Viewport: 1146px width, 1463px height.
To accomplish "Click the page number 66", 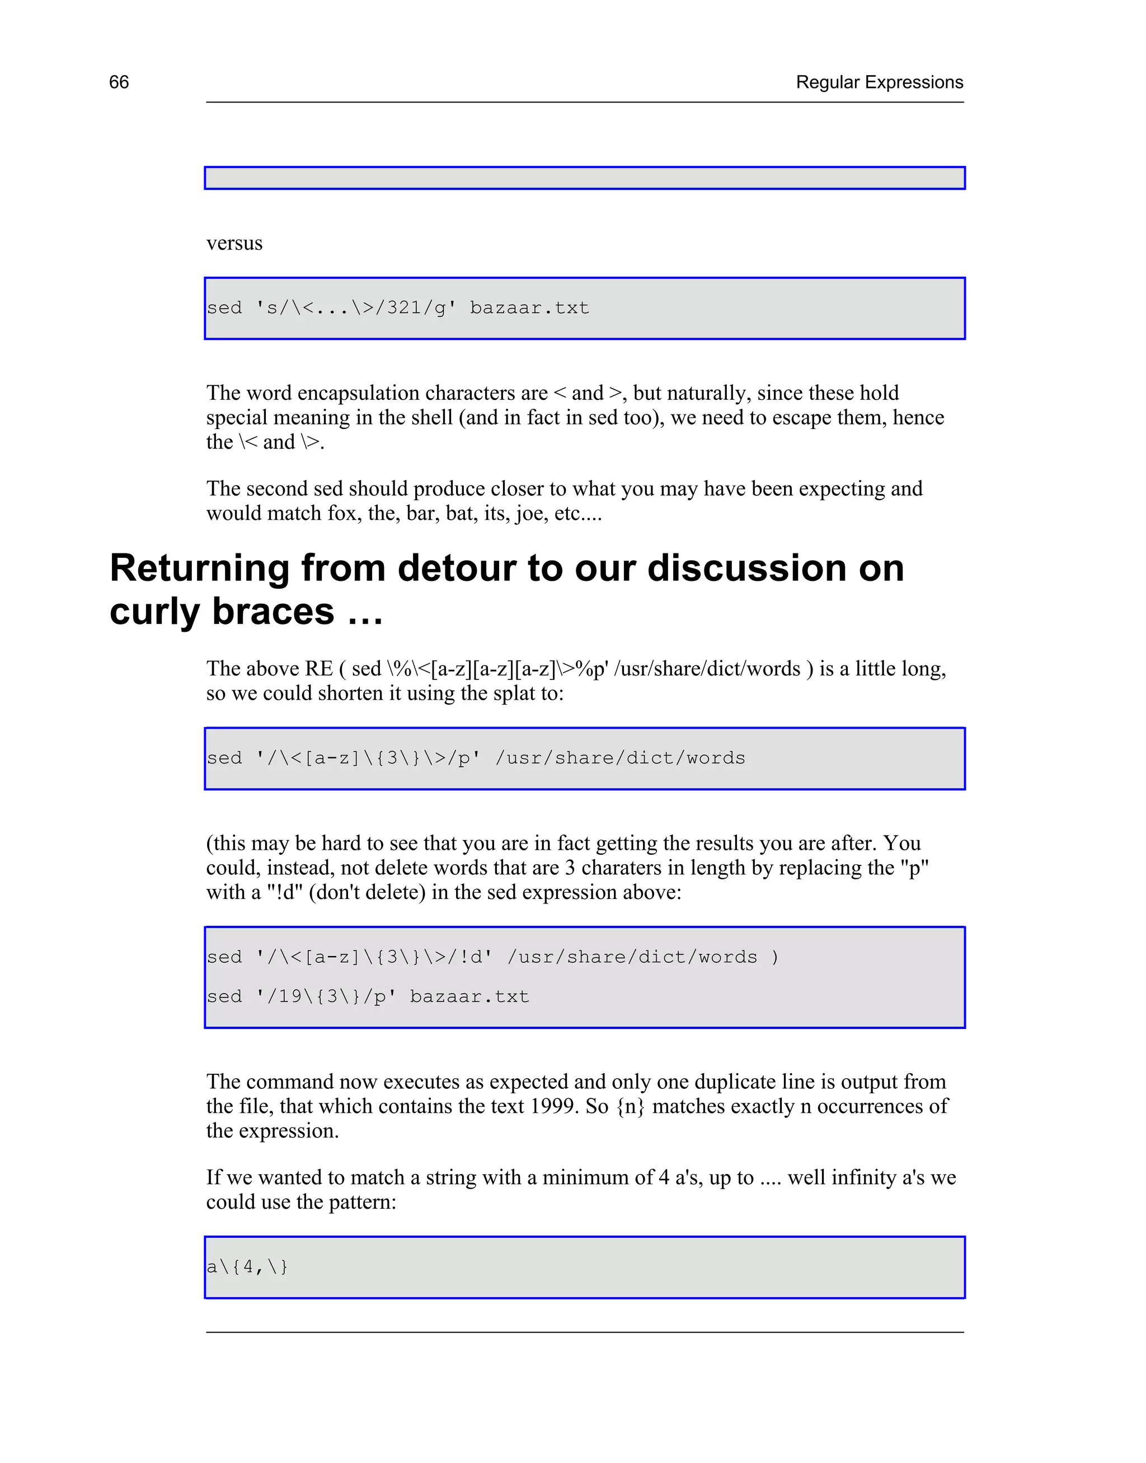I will tap(119, 82).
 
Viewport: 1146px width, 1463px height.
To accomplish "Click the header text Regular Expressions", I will tap(879, 82).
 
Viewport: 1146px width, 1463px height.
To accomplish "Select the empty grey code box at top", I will tap(584, 178).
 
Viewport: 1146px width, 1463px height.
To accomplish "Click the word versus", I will tap(234, 243).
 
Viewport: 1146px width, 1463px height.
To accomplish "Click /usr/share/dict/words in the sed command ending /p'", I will tap(620, 758).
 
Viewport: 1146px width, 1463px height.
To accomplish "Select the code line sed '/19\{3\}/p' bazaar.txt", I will tap(368, 996).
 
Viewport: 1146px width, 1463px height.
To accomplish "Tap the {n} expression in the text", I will tap(630, 1106).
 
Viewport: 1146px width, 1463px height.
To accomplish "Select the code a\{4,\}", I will tap(247, 1267).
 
